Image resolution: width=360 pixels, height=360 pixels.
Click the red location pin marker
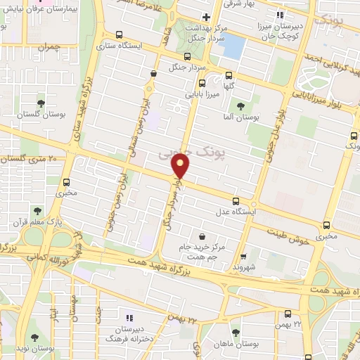click(181, 166)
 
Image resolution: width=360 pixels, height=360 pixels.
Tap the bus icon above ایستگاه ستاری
click(118, 34)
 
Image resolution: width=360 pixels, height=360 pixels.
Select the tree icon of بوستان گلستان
click(40, 103)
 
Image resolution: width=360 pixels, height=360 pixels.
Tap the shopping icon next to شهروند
click(243, 257)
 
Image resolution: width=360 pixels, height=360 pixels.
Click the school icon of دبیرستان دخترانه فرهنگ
click(127, 316)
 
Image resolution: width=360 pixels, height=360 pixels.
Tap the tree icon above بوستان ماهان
click(235, 332)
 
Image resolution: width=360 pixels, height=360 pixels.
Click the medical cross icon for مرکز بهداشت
click(205, 16)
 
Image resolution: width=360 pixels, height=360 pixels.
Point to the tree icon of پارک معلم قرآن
click(37, 210)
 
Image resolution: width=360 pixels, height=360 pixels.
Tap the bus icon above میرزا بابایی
click(229, 77)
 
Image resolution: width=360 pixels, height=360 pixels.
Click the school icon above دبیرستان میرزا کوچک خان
click(279, 15)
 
